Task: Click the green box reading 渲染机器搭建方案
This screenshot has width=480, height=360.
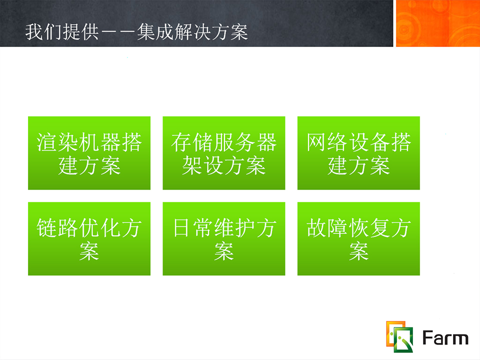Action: click(89, 153)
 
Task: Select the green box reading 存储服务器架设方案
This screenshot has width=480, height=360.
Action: click(224, 153)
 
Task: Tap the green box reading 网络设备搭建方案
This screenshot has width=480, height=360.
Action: click(358, 153)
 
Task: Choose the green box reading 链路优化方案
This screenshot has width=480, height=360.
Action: click(89, 239)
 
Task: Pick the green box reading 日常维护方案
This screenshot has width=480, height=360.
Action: click(224, 239)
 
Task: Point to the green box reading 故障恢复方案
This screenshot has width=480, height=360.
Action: click(358, 239)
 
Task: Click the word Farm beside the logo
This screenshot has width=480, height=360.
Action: click(445, 338)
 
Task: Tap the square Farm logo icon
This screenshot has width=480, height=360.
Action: click(400, 336)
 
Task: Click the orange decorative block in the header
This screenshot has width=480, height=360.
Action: click(438, 23)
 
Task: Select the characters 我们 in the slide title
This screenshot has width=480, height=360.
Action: click(44, 32)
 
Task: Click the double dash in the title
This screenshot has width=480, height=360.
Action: click(118, 32)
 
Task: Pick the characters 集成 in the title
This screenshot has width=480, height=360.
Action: click(155, 32)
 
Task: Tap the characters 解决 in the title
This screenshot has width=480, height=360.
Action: click(192, 32)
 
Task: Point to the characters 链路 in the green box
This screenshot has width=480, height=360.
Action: click(57, 228)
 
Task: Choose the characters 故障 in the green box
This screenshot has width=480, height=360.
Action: click(326, 228)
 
